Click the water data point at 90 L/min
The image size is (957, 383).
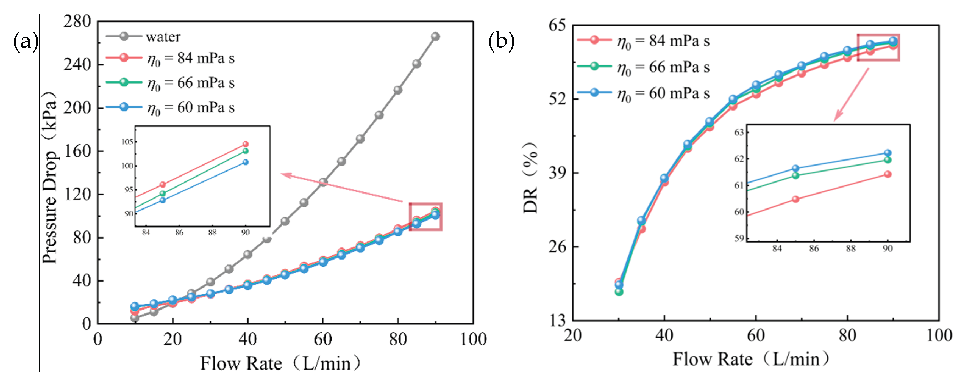pyautogui.click(x=435, y=37)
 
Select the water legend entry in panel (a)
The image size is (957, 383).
pyautogui.click(x=143, y=37)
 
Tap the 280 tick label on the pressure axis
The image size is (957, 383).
pyautogui.click(x=77, y=21)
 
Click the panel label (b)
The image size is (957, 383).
pyautogui.click(x=502, y=41)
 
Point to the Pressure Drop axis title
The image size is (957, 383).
pyautogui.click(x=50, y=177)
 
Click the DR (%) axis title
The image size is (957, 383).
pyautogui.click(x=530, y=178)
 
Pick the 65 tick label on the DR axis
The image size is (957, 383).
pyautogui.click(x=557, y=25)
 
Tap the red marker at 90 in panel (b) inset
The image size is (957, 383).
pyautogui.click(x=888, y=174)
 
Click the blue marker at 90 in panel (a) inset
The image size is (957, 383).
pyautogui.click(x=245, y=162)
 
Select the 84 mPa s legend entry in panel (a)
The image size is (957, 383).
pyautogui.click(x=170, y=58)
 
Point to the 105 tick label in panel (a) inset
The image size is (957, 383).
pyautogui.click(x=127, y=142)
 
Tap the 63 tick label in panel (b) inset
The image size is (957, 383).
pyautogui.click(x=739, y=132)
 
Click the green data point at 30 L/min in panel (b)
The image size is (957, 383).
pyautogui.click(x=619, y=291)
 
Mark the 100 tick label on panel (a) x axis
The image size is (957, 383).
pyautogui.click(x=473, y=339)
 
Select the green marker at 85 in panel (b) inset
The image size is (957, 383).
pyautogui.click(x=795, y=175)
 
